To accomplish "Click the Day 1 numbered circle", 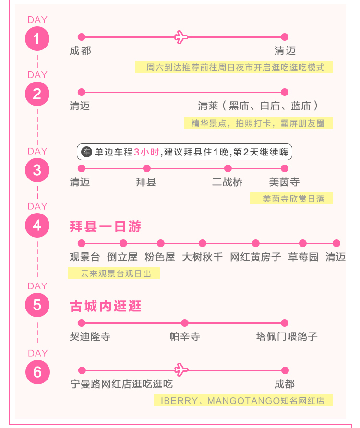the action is (x=37, y=38).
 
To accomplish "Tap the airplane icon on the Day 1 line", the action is (x=181, y=37).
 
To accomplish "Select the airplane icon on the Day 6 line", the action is (x=181, y=370).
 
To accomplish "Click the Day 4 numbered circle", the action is (x=37, y=225).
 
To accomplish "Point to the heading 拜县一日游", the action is (x=106, y=226).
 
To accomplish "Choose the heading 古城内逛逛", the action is (x=106, y=306).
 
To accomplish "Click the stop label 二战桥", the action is (x=227, y=182).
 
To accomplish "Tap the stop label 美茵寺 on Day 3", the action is (x=284, y=182).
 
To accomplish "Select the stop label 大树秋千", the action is (x=203, y=257).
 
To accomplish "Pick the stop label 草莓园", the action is (x=303, y=257).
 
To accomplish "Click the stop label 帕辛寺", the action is (x=185, y=336).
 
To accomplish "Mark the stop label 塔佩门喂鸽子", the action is (x=287, y=336).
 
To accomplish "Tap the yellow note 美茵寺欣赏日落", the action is (x=292, y=199).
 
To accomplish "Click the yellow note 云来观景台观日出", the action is (x=114, y=273).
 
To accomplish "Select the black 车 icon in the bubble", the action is (x=87, y=152).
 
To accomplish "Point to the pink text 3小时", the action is (x=147, y=152).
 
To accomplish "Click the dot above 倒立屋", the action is (x=123, y=243).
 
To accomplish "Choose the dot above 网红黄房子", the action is (x=256, y=243).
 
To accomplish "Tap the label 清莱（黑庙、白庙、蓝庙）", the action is (x=258, y=106).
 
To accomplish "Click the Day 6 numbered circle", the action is (x=38, y=372).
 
